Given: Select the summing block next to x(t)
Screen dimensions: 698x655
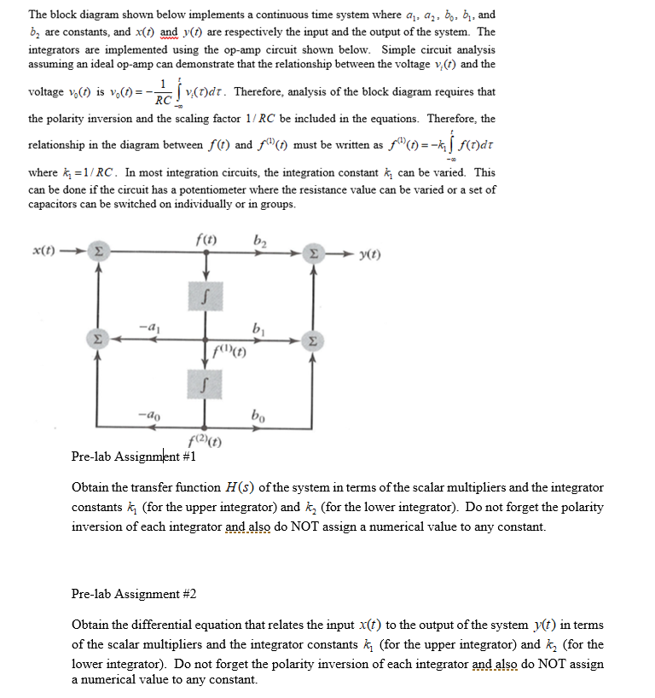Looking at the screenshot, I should pos(98,253).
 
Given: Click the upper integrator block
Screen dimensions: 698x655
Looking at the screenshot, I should pos(204,298).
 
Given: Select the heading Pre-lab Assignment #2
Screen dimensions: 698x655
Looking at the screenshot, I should pos(134,594).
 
